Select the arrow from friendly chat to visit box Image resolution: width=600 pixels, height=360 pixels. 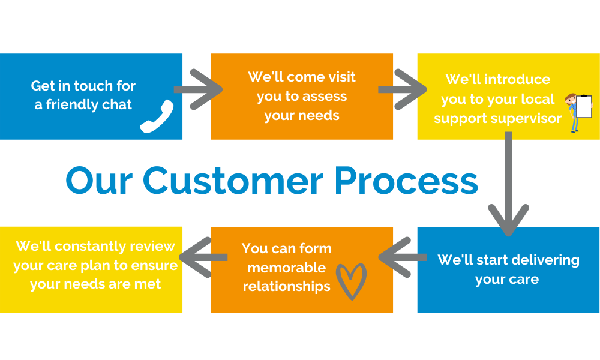point(198,89)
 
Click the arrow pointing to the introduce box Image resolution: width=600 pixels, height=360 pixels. point(402,89)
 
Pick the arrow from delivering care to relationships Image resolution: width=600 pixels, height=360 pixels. point(403,257)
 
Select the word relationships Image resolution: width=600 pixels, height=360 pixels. point(287,286)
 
